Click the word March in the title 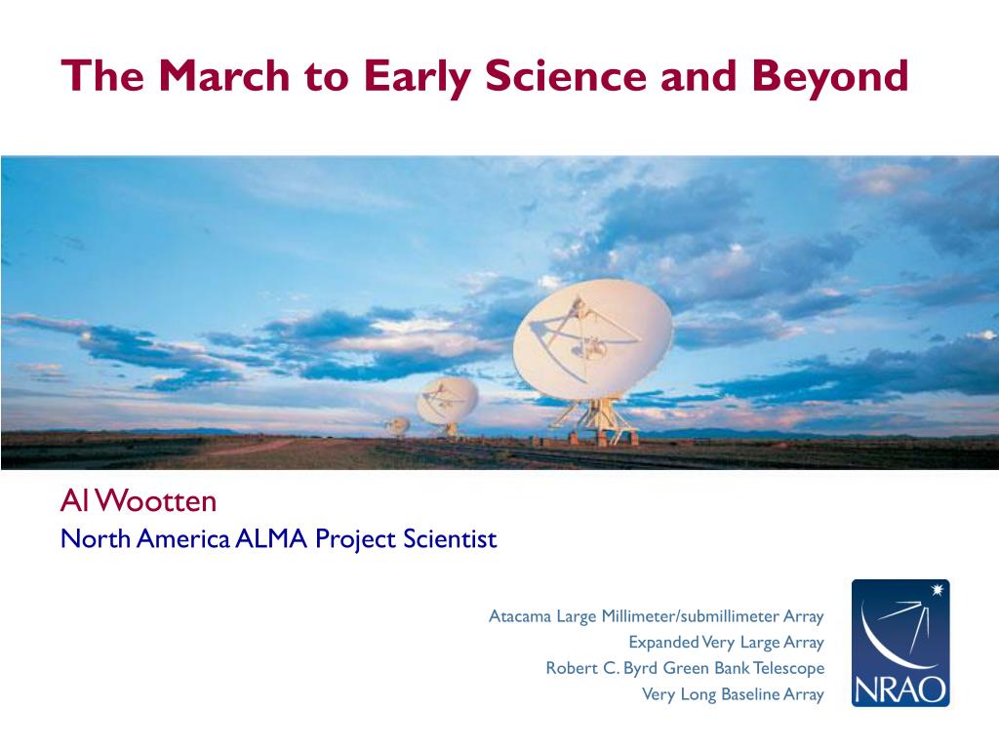pos(223,75)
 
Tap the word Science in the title pos(566,75)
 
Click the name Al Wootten pos(139,501)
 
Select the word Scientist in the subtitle pos(450,538)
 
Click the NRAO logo pos(900,643)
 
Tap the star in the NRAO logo pos(937,590)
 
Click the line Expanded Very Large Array pos(726,642)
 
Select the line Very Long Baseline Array pos(733,694)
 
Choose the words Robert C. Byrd pos(602,668)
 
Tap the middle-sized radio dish pos(447,401)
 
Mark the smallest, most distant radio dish pos(398,425)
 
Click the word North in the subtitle pos(96,538)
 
